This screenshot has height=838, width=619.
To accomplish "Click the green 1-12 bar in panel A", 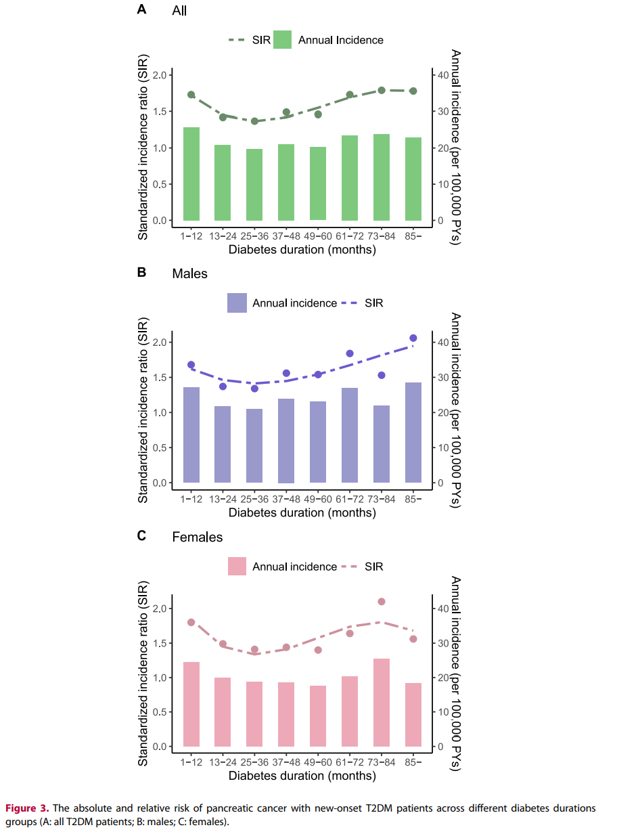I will click(x=191, y=174).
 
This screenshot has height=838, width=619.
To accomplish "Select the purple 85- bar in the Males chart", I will click(x=413, y=433).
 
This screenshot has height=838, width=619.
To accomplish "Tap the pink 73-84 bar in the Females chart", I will click(x=382, y=703).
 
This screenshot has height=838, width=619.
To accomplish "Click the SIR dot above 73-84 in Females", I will click(x=382, y=602).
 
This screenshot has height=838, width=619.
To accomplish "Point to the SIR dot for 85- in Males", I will click(x=413, y=338).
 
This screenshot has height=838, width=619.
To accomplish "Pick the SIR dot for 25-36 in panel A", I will click(x=254, y=121).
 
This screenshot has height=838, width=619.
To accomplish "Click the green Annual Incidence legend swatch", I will click(x=283, y=40).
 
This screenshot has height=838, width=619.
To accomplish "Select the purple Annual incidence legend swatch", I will click(x=237, y=303).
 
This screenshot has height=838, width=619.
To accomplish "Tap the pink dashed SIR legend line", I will click(x=352, y=567).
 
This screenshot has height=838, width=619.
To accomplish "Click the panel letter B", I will click(x=141, y=273).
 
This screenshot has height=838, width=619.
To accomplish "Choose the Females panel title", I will click(x=198, y=537).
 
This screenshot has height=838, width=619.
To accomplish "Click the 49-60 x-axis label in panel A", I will click(x=318, y=236).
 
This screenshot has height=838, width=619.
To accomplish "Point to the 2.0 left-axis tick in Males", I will click(x=158, y=343).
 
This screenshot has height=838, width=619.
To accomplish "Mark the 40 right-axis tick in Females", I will click(x=442, y=609).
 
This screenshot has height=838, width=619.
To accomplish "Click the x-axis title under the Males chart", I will click(x=302, y=512).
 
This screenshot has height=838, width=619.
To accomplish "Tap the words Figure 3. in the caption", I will click(x=27, y=808).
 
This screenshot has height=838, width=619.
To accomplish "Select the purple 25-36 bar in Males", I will click(x=254, y=445).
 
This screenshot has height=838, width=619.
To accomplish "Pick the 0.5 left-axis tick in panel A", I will click(x=158, y=184).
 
